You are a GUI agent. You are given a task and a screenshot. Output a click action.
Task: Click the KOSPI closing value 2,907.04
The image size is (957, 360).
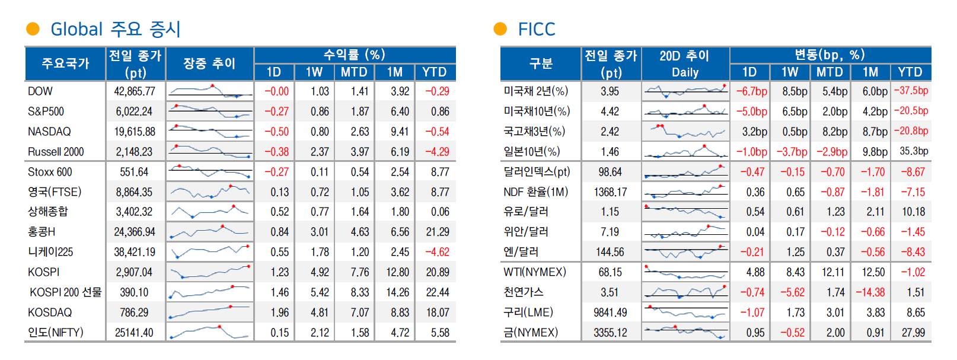coord(135,272)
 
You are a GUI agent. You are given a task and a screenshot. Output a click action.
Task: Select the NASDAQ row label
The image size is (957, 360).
coord(49,132)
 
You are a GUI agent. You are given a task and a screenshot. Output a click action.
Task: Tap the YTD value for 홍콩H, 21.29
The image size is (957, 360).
coord(437,232)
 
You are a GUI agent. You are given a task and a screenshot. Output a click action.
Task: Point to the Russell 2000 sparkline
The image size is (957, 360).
coord(210,151)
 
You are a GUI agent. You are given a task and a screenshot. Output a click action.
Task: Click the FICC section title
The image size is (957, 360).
coord(536,29)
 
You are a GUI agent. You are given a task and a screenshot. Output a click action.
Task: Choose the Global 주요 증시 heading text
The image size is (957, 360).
coord(115,29)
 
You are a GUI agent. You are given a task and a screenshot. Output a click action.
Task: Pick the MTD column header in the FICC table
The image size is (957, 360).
coord(830,72)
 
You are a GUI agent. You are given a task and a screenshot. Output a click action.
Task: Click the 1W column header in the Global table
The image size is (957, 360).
coord(314,72)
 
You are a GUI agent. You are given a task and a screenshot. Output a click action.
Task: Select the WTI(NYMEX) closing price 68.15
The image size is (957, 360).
coord(610,272)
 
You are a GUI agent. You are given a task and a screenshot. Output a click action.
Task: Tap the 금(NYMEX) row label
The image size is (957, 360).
coord(531,333)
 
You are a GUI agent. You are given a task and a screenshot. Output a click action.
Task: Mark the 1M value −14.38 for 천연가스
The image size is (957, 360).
coord(870,292)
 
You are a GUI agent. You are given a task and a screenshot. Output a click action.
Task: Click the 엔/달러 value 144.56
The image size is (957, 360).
coord(610,252)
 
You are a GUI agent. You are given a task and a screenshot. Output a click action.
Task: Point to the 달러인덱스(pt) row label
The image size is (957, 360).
coord(537,172)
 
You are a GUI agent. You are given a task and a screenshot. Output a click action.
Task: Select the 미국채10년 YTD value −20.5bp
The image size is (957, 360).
coord(911,111)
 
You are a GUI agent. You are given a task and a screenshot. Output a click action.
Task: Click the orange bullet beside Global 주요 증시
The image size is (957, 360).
coord(33,28)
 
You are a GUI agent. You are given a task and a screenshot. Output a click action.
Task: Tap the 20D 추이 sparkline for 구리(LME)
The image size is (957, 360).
coord(685,312)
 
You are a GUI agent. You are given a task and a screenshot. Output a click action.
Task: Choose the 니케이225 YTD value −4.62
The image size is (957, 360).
coord(437,252)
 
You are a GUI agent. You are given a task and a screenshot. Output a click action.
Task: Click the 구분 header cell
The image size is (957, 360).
coord(541,63)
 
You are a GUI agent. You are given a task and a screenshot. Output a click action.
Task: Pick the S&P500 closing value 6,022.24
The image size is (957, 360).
coord(135,111)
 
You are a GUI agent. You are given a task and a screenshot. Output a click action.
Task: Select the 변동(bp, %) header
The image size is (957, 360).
coord(830,55)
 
